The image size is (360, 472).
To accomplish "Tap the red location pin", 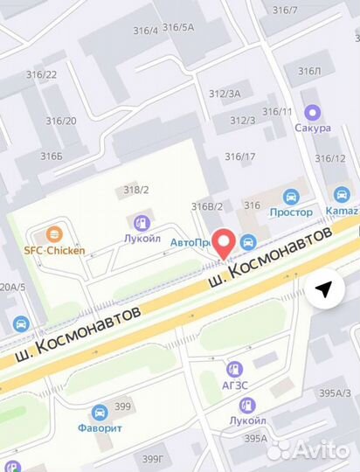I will coord(225,242).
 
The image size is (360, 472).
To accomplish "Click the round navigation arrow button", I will coord(324,289).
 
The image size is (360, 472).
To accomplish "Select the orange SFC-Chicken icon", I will coord(54,234).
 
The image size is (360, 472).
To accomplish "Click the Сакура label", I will coord(313,128).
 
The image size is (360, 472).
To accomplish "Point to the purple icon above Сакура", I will coord(312,112).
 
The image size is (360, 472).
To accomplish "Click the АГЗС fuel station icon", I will coord(234,370).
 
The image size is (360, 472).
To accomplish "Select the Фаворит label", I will coord(100,427).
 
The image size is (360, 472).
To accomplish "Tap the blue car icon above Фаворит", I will coord(100,411).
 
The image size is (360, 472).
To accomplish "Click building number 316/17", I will coord(240,157).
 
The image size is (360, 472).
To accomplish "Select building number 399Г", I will coord(154,458).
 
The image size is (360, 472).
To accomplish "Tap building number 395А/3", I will coord(335,392).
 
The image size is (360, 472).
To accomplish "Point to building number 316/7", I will coord(285,10).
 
